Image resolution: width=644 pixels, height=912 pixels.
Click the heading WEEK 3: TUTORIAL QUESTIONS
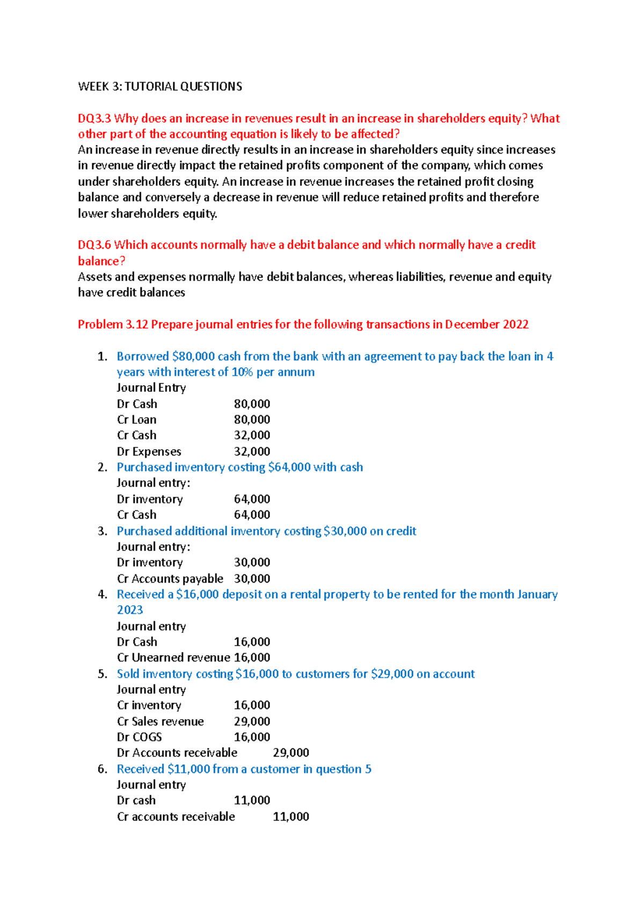[160, 86]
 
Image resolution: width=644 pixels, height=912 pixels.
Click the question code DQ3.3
[94, 118]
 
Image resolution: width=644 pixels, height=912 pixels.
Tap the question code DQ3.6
[94, 245]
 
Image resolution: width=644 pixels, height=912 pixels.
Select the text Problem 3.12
[113, 324]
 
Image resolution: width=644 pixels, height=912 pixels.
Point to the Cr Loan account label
[137, 419]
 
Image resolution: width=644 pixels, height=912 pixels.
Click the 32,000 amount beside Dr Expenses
[252, 451]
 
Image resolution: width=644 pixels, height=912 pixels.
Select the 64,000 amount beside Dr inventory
[252, 499]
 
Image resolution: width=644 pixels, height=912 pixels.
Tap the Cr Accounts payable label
[170, 578]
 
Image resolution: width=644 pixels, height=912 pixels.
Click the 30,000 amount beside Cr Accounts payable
[252, 578]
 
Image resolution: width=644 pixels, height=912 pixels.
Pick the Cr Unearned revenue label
[173, 657]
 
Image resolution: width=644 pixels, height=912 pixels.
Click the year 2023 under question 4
[130, 610]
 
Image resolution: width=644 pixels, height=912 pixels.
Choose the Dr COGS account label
[140, 737]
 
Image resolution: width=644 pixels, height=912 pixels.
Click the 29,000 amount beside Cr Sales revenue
[252, 721]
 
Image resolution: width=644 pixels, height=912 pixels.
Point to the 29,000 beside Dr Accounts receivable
[291, 752]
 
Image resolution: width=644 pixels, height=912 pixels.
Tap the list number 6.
[103, 769]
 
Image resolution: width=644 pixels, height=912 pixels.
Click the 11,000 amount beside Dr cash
[252, 800]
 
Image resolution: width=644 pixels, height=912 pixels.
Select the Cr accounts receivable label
[176, 816]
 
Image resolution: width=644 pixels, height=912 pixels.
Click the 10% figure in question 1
[242, 372]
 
